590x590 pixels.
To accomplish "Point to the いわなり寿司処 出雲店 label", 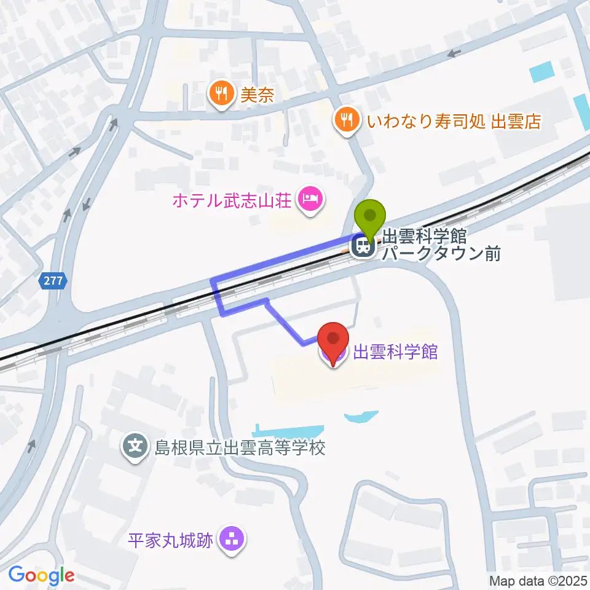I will tap(454, 121).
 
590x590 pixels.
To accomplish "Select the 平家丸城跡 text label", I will tap(170, 541).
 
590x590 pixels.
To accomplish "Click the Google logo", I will tap(41, 575).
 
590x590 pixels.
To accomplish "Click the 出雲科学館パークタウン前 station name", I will tap(441, 244).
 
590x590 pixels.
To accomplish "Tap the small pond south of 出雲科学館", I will tap(361, 418).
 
